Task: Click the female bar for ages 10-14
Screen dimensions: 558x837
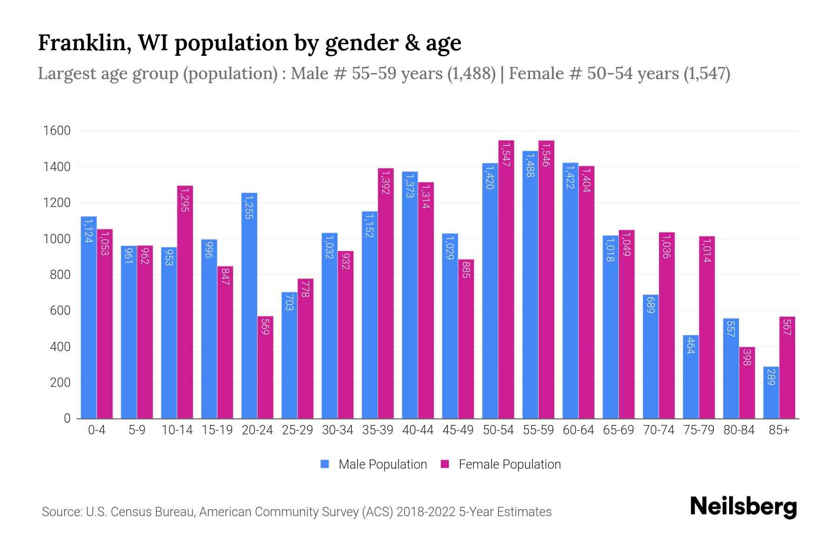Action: click(185, 302)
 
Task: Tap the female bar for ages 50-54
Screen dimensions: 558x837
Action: click(506, 279)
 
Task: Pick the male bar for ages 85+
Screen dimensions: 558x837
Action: click(771, 393)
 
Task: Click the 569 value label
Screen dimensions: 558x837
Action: click(266, 326)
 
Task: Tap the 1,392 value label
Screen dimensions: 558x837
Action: click(385, 182)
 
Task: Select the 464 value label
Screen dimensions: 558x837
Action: click(691, 345)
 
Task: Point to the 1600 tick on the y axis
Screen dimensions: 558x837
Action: click(57, 131)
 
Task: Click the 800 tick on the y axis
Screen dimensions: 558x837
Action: click(60, 275)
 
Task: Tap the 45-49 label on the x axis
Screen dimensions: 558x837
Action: click(458, 430)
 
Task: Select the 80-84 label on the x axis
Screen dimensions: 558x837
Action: click(739, 430)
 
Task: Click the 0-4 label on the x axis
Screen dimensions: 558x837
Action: click(97, 430)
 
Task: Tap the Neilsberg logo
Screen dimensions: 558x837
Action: click(743, 507)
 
